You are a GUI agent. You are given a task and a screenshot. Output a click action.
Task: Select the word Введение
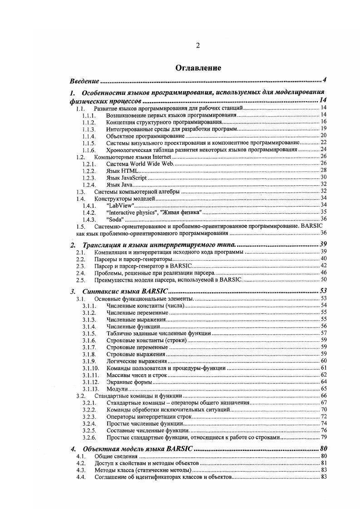(84, 81)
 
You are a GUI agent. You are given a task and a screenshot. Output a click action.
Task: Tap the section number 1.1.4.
(89, 136)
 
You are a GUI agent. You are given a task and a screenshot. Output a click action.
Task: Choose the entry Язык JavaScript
(127, 177)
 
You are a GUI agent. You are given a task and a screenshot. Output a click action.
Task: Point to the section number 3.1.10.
(90, 368)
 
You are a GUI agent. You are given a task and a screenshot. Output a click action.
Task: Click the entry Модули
(117, 389)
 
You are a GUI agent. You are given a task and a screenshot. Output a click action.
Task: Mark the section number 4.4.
(81, 477)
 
